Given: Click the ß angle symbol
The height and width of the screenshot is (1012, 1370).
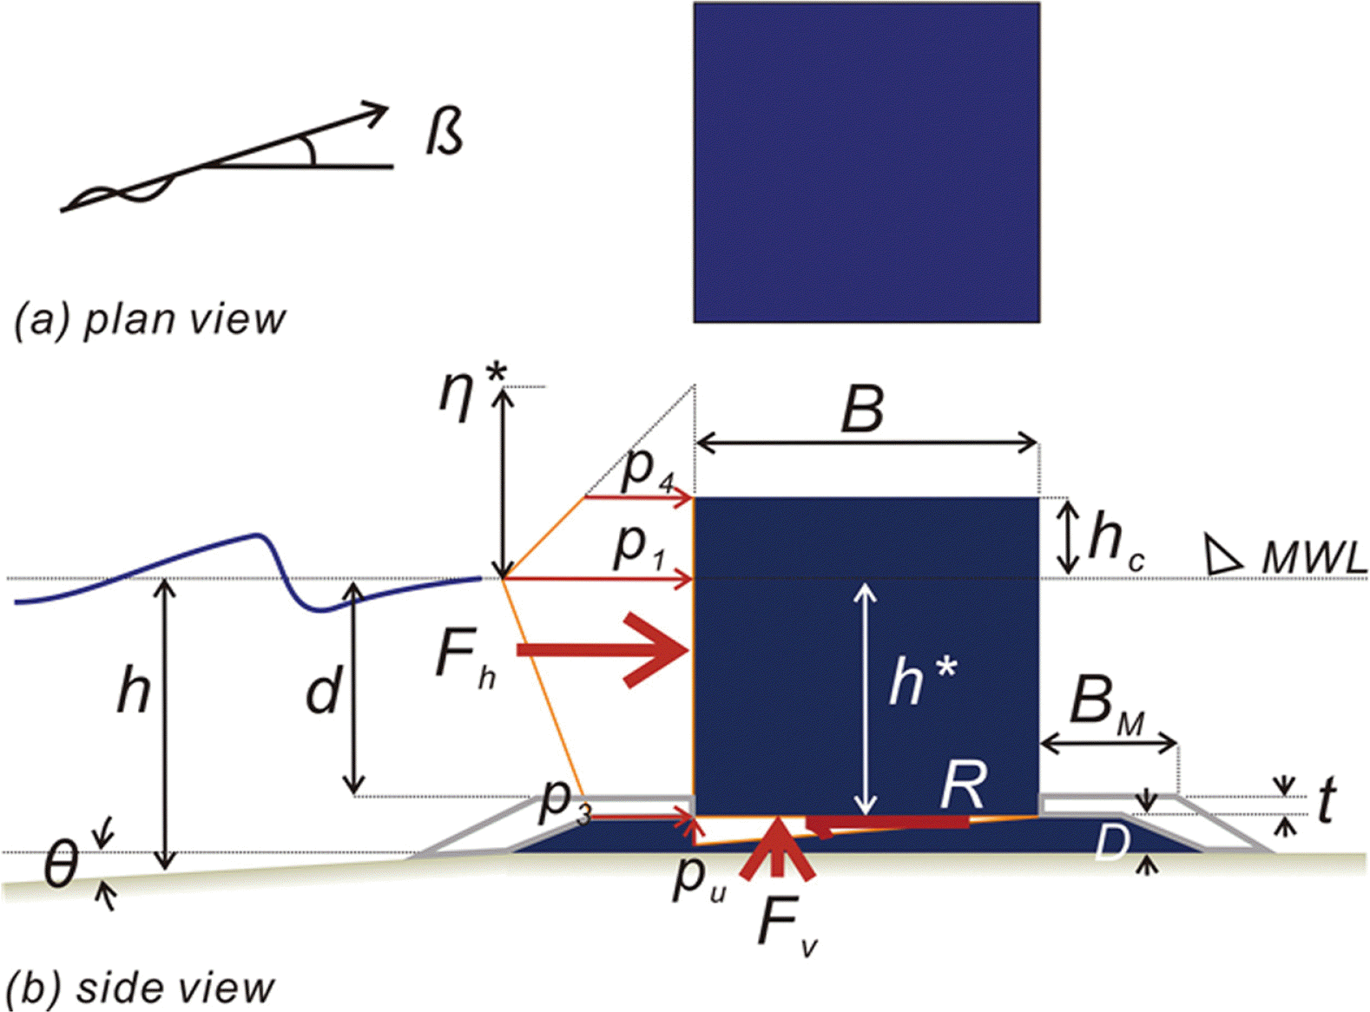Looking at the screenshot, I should pyautogui.click(x=445, y=132).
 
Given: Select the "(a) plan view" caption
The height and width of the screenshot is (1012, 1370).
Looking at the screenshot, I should pyautogui.click(x=149, y=319).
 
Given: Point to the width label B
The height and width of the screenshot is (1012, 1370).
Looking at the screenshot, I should pyautogui.click(x=862, y=409).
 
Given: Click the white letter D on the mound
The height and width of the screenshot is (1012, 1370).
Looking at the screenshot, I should pyautogui.click(x=1110, y=842).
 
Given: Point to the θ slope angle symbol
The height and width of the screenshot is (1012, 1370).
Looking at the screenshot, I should pyautogui.click(x=61, y=864).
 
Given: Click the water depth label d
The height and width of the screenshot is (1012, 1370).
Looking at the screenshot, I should pyautogui.click(x=323, y=693).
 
